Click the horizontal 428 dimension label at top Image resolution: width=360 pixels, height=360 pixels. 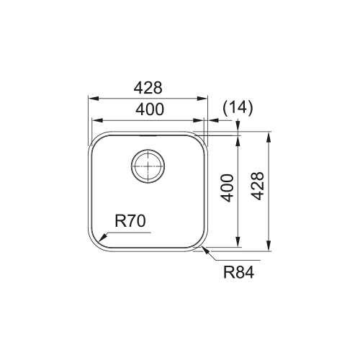tap(148, 88)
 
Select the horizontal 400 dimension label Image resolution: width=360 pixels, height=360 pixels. tap(150, 109)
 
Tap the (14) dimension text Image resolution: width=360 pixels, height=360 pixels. tap(238, 107)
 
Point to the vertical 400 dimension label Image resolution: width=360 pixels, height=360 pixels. tap(227, 188)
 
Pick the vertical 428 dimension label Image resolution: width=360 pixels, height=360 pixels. tap(258, 186)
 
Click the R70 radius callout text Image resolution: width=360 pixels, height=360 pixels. tap(130, 221)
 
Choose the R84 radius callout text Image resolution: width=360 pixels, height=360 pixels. tap(238, 273)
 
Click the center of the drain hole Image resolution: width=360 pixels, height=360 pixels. tap(148, 166)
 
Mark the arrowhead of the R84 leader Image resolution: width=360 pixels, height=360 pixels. tap(206, 251)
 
